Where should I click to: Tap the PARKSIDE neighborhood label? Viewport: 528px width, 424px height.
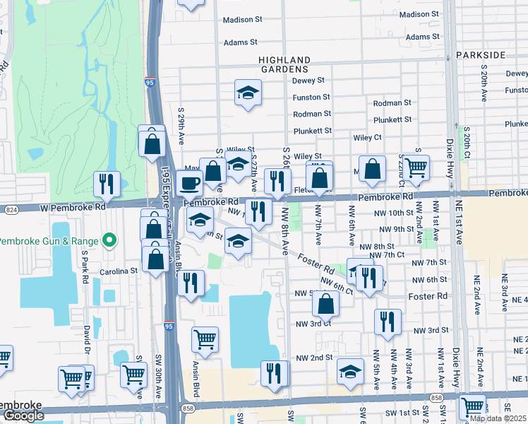click(x=481, y=54)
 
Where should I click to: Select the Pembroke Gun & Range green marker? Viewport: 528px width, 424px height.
click(x=109, y=241)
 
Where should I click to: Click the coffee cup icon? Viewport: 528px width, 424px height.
click(x=189, y=183)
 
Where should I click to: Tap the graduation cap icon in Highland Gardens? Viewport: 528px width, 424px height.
click(x=248, y=93)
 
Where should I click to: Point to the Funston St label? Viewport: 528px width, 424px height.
click(x=311, y=97)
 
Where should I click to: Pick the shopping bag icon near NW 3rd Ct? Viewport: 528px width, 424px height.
click(x=325, y=303)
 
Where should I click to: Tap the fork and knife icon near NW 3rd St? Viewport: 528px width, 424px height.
click(x=388, y=322)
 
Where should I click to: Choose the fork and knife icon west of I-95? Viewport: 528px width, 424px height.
click(x=107, y=184)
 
